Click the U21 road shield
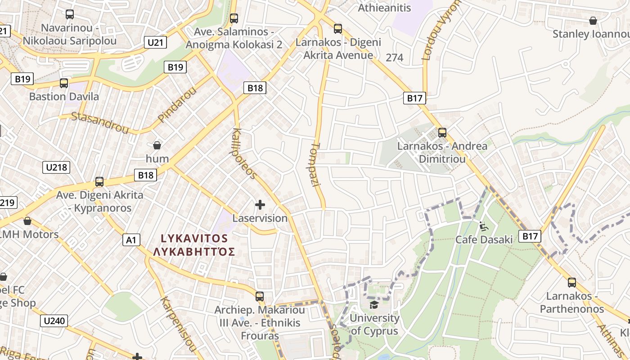155,43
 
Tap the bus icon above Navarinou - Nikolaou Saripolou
69,14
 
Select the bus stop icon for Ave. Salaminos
234,18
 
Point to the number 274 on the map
395,58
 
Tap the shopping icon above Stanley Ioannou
593,21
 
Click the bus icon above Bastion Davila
64,83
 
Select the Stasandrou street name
100,122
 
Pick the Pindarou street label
177,104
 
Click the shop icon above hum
157,145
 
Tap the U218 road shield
56,167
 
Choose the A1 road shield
131,240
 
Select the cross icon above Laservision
260,205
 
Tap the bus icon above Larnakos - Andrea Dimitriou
442,133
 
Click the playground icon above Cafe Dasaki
484,226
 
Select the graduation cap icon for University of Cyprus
373,305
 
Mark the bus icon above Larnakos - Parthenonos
571,283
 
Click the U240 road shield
55,321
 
